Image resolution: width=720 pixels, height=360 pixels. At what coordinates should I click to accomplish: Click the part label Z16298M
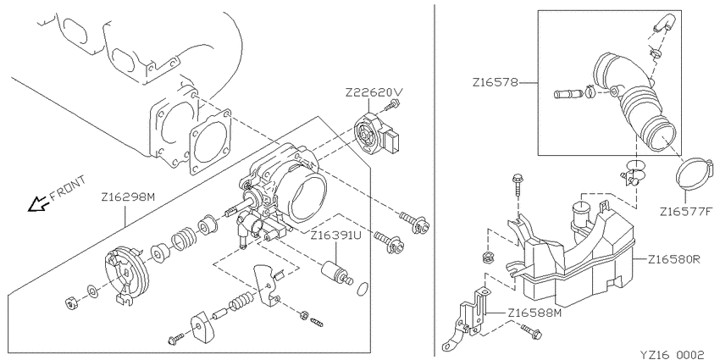click(x=128, y=197)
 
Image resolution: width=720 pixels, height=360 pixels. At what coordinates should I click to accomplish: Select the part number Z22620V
click(x=374, y=92)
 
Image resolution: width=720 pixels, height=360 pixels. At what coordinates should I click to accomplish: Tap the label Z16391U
click(x=337, y=236)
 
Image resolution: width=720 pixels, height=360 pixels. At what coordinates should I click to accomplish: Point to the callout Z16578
click(x=496, y=83)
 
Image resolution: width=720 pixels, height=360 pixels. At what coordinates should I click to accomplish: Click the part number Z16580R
click(x=673, y=259)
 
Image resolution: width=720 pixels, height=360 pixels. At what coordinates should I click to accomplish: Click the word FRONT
click(x=68, y=188)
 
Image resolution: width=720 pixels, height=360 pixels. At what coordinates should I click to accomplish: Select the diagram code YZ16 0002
click(x=672, y=354)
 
